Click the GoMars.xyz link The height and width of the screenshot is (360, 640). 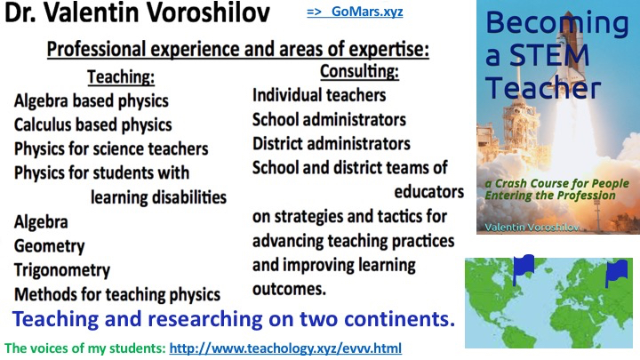[355, 12]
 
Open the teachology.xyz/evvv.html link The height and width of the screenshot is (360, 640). [285, 348]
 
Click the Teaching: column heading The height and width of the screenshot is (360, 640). [121, 76]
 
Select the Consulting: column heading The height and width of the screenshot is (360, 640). [359, 71]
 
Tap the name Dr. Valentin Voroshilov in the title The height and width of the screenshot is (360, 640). [137, 12]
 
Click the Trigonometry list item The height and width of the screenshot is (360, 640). [62, 270]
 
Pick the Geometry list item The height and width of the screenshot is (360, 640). [50, 246]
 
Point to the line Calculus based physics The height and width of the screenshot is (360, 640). [93, 125]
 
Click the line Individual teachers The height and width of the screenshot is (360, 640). [319, 95]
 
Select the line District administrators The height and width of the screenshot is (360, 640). [332, 144]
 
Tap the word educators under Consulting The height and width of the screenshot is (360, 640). [429, 192]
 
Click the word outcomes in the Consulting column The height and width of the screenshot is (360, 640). [290, 289]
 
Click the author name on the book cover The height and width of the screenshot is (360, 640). [532, 227]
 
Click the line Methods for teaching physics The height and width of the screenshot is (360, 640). [117, 294]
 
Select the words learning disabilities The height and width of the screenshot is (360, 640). [158, 197]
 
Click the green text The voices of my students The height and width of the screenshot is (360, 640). [85, 348]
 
